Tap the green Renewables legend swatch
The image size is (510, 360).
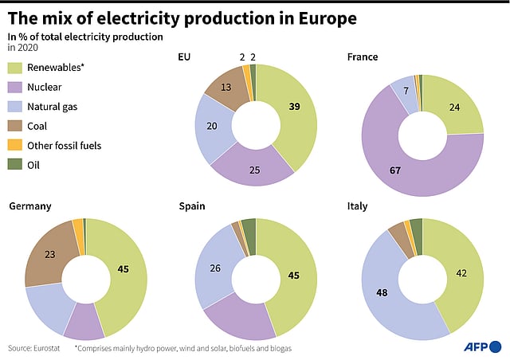(15, 68)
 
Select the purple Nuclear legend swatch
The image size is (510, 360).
(15, 87)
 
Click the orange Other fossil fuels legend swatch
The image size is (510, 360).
(15, 146)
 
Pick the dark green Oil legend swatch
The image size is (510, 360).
(15, 165)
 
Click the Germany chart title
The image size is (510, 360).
(30, 206)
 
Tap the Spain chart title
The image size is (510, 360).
(192, 206)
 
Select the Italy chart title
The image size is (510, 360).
(357, 206)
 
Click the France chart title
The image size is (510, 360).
(363, 57)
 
